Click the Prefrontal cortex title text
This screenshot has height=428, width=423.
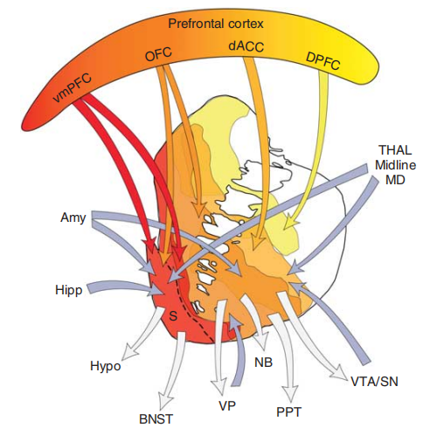[x=216, y=24]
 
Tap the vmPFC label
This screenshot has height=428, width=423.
[x=73, y=87]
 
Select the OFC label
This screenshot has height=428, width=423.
[x=158, y=54]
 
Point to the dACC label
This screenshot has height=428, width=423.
[x=246, y=46]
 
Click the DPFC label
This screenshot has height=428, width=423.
[x=322, y=61]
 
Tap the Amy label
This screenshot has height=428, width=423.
[x=73, y=217]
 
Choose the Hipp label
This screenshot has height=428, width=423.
[x=69, y=290]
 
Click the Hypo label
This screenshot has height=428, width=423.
[x=106, y=366]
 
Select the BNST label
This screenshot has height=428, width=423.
[x=156, y=419]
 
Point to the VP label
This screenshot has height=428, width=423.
[x=227, y=405]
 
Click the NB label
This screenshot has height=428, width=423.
[x=263, y=362]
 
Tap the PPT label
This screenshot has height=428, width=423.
[x=288, y=412]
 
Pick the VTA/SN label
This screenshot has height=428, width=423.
[x=374, y=382]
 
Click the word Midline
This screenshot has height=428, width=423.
[x=395, y=165]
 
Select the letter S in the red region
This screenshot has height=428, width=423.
[x=173, y=316]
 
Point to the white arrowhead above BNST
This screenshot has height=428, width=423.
[x=164, y=401]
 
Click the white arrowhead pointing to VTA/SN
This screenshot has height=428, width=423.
[x=340, y=372]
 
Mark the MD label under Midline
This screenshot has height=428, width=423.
[x=395, y=180]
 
